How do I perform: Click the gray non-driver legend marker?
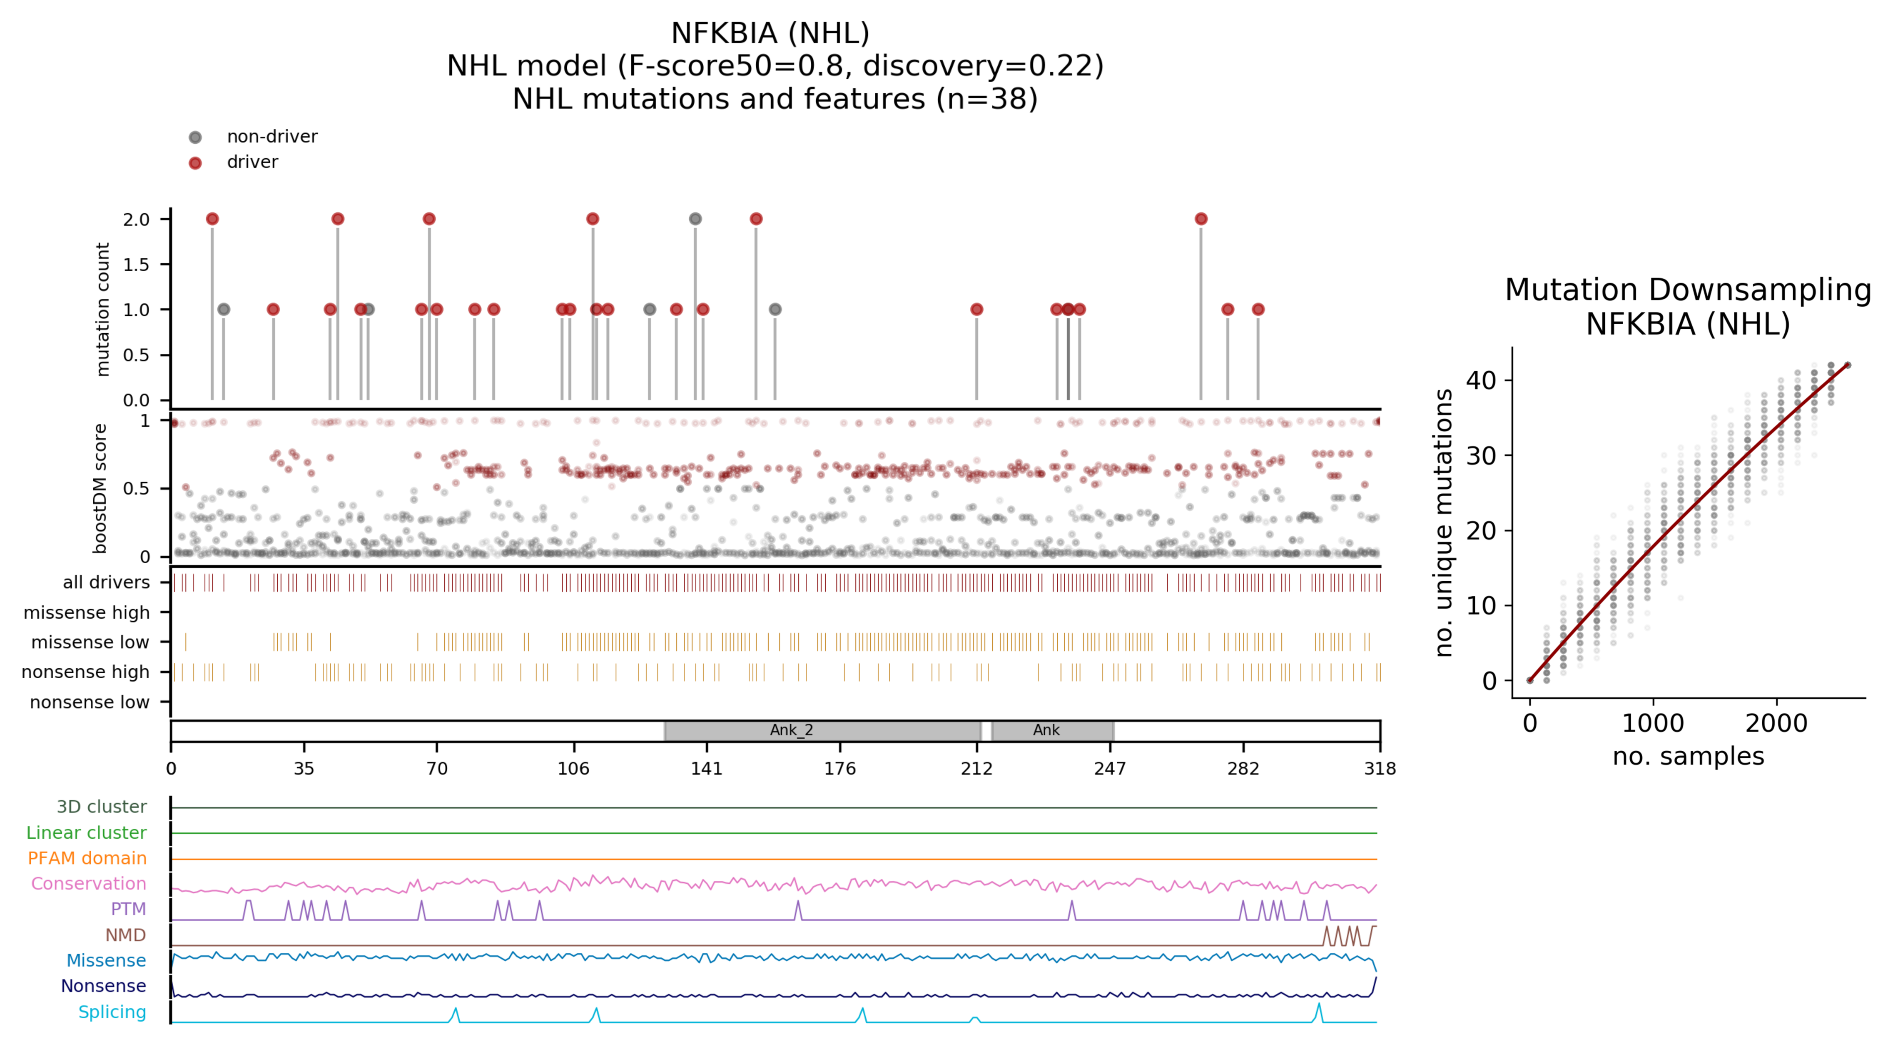click(x=195, y=137)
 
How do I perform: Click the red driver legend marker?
click(x=195, y=163)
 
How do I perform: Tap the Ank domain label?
click(x=1046, y=730)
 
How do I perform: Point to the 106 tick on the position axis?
click(x=573, y=768)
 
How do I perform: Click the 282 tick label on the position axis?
click(x=1243, y=768)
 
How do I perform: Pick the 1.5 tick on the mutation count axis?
click(x=136, y=265)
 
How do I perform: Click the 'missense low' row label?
click(x=90, y=642)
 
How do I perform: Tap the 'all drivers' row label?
click(x=106, y=582)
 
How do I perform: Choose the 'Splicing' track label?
click(x=112, y=1012)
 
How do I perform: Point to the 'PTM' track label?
click(x=128, y=909)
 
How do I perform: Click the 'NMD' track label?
click(x=125, y=935)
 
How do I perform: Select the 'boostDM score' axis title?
click(x=100, y=488)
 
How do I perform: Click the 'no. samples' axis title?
click(x=1688, y=756)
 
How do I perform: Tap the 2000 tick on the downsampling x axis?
click(x=1776, y=724)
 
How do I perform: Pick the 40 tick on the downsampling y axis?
click(x=1480, y=380)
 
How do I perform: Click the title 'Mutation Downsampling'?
click(x=1688, y=290)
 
